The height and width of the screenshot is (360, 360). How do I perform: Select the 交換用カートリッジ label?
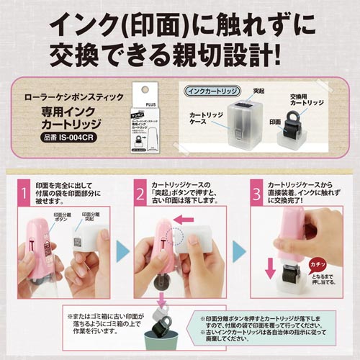coord(314,100)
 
